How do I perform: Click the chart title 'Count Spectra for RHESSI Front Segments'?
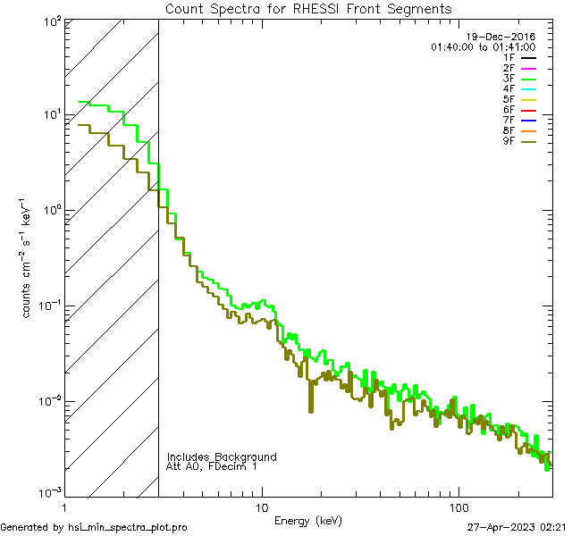pos(308,9)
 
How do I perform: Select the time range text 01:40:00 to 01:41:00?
pos(483,46)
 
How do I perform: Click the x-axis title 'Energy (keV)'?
pos(308,521)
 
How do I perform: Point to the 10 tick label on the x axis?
pos(261,506)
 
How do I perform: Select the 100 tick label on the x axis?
pos(458,506)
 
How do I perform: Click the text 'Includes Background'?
pos(222,456)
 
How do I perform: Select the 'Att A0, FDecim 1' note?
pos(211,467)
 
